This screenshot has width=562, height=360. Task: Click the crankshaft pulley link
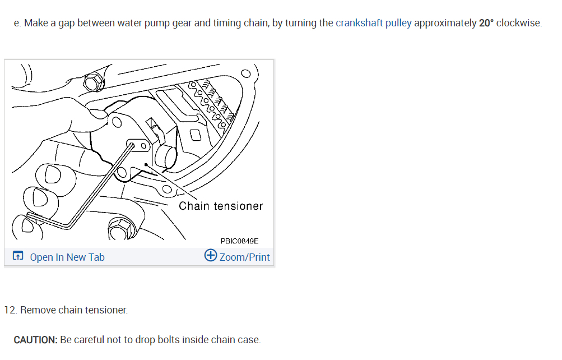tap(373, 24)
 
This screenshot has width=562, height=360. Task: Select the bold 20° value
tap(486, 24)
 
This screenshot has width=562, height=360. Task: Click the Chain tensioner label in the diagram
tap(221, 206)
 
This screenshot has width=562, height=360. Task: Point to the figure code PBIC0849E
tap(239, 241)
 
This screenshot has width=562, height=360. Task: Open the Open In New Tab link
tap(67, 257)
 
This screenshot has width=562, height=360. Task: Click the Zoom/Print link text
tap(244, 257)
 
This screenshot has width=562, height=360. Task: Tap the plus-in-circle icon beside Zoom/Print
tap(211, 256)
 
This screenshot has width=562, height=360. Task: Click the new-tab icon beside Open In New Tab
tap(18, 257)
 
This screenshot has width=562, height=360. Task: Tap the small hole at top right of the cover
tap(245, 73)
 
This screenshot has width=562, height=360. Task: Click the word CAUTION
tap(35, 340)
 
